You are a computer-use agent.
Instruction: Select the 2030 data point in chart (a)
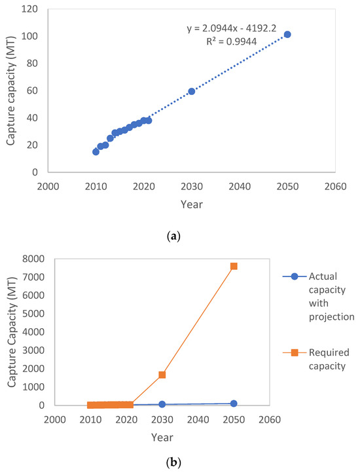[x=192, y=91]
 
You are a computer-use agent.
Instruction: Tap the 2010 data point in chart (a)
[x=96, y=151]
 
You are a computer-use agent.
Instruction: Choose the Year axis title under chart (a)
[x=192, y=204]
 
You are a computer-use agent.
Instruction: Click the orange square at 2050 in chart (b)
[x=234, y=266]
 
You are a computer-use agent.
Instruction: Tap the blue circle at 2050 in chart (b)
[x=234, y=404]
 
